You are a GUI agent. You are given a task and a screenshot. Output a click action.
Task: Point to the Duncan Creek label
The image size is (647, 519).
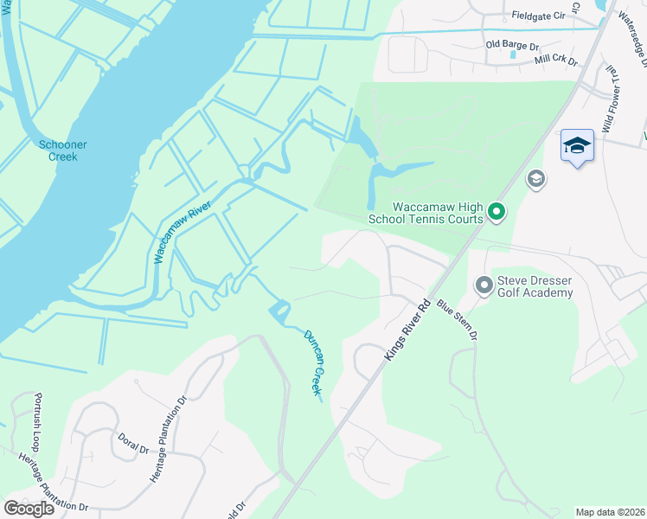tap(311, 362)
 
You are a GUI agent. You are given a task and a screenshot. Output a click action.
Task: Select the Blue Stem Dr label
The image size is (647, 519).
tap(457, 319)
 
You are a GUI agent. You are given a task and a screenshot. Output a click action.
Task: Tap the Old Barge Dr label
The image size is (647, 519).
tap(512, 44)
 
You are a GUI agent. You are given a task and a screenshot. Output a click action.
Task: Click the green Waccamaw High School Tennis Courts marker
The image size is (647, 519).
tap(496, 210)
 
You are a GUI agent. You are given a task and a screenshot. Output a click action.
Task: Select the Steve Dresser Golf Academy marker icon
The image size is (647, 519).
tap(484, 283)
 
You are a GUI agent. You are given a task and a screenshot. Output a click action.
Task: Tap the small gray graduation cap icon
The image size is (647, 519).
tap(536, 179)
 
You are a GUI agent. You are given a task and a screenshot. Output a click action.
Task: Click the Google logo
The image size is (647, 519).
tap(29, 509)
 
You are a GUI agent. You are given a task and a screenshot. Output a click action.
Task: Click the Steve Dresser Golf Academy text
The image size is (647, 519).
tap(535, 287)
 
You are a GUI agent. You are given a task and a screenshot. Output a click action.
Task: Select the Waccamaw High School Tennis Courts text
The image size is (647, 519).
tap(426, 213)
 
